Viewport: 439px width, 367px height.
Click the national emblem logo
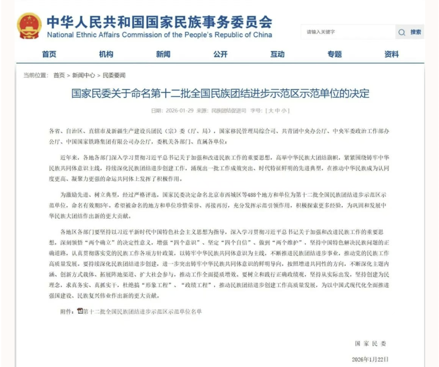coord(29,26)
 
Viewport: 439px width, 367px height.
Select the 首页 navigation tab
coord(49,54)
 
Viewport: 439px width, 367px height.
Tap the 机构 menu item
coord(106,54)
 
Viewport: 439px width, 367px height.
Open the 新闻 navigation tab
coord(163,54)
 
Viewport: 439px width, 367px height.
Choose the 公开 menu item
coord(220,54)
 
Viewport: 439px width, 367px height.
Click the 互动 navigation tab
coord(277,54)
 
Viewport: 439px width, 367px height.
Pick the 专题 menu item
coord(335,54)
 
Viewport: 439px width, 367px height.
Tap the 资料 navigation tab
coord(391,54)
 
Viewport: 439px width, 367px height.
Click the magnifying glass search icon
coord(402,32)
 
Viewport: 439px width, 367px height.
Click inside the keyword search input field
coord(348,32)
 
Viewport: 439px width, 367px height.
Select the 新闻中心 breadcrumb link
coord(83,75)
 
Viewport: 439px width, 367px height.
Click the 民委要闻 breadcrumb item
coord(114,75)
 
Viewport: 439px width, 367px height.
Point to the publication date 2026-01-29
coord(179,110)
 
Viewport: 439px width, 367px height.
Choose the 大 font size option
coord(271,110)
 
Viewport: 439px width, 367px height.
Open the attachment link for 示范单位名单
coord(142,311)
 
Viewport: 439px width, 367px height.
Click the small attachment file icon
coord(80,311)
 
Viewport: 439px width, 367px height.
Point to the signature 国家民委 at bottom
coord(370,343)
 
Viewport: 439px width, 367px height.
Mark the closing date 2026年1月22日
coord(370,359)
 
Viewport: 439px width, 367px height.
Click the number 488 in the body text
coord(252,195)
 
